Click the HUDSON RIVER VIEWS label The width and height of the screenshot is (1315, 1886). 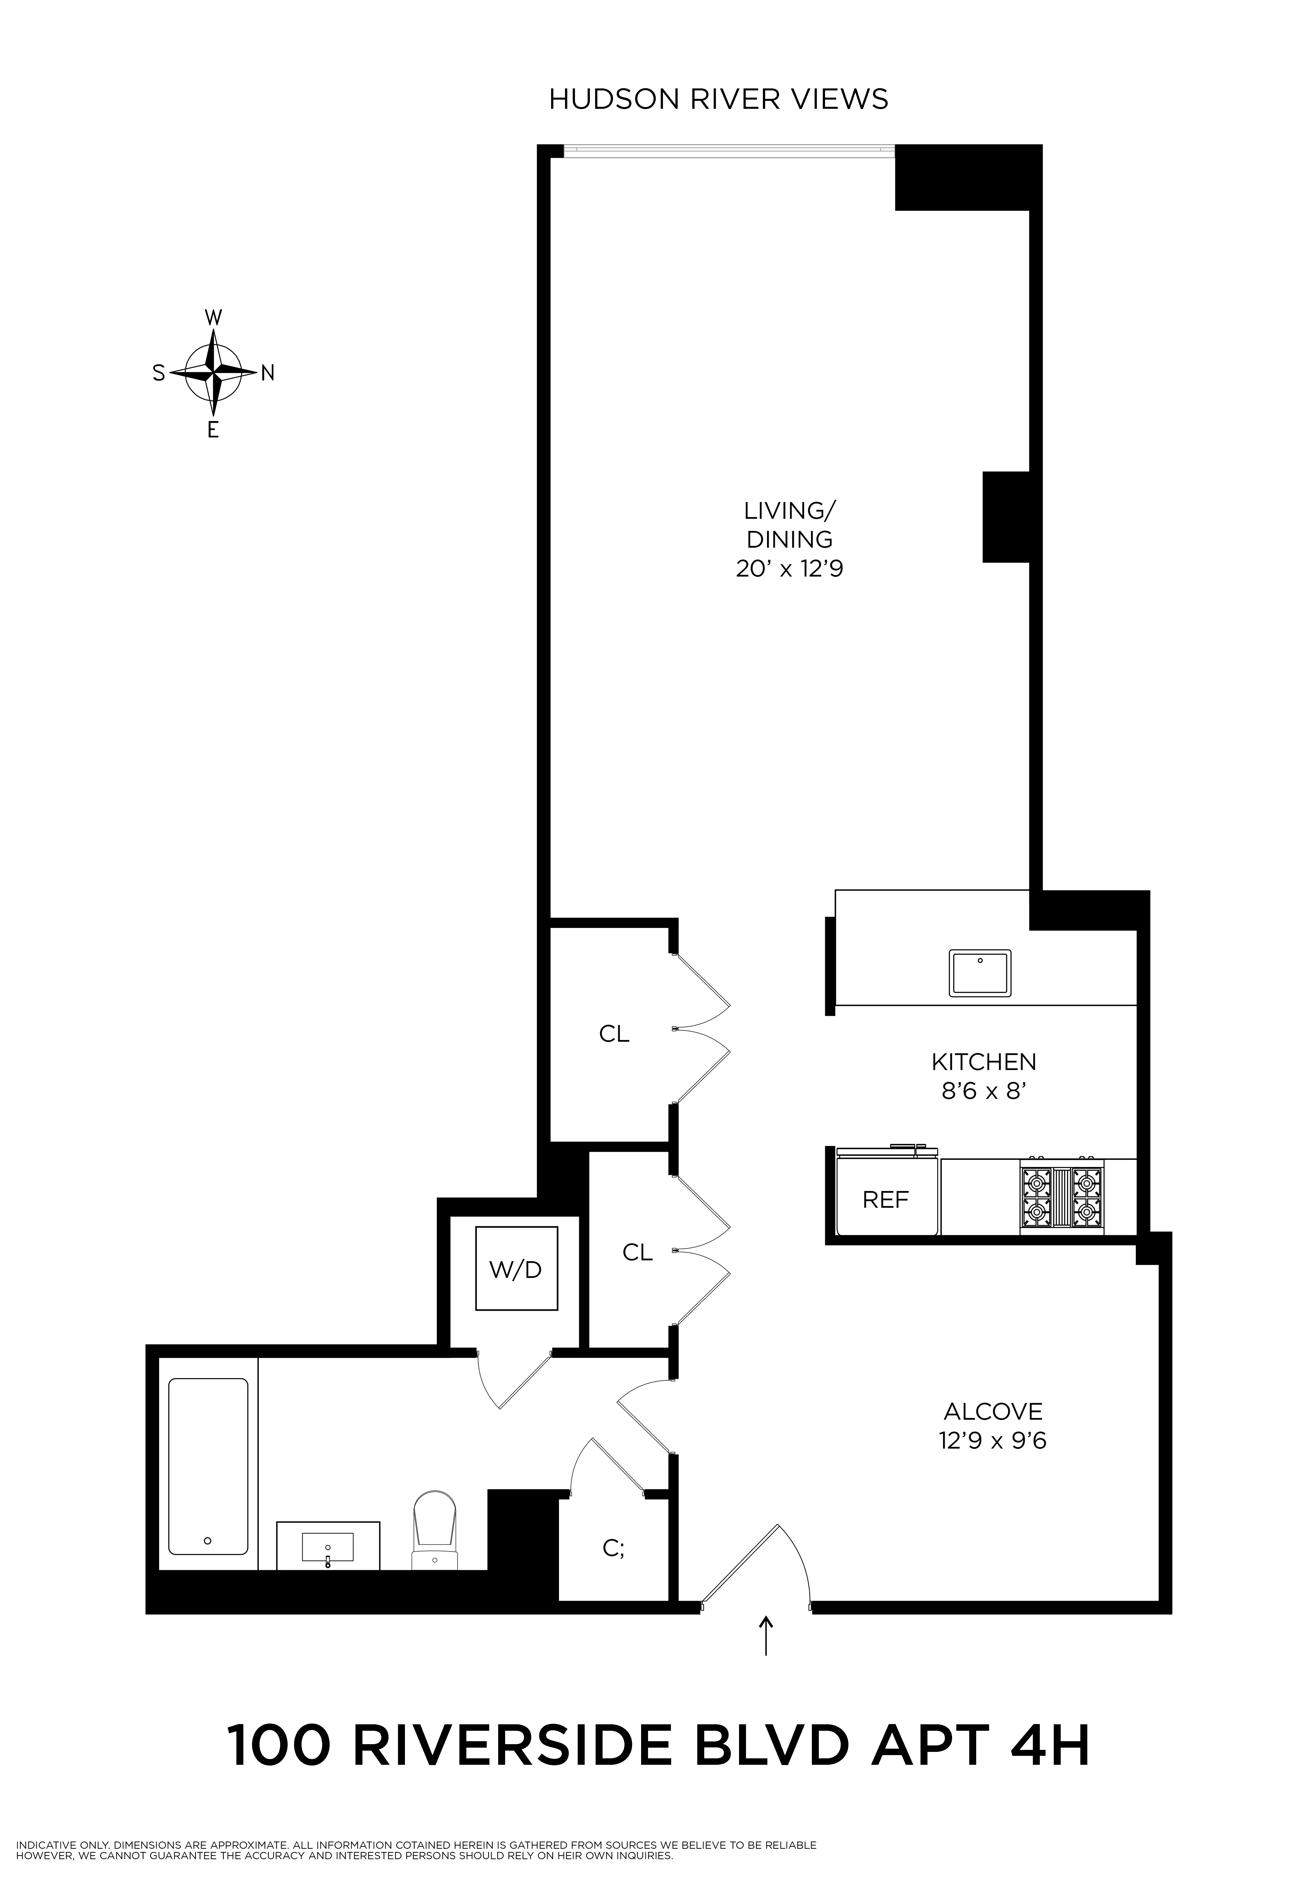point(717,99)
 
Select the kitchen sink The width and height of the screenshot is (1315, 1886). point(980,973)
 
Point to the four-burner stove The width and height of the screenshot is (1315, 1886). point(1062,1196)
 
